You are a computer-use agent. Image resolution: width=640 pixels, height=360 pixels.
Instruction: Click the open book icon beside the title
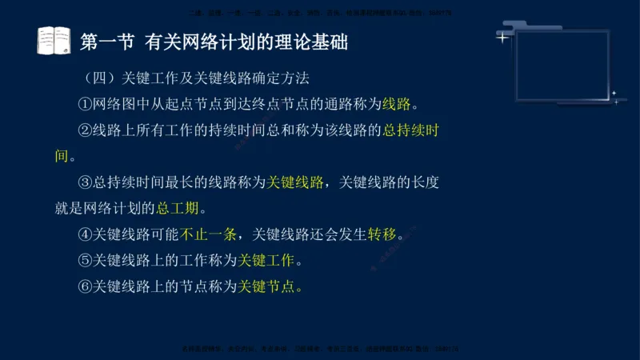click(x=54, y=41)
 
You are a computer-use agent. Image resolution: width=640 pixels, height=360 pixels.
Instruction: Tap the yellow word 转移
click(x=382, y=234)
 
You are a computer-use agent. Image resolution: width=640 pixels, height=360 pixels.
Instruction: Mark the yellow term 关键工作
click(x=266, y=260)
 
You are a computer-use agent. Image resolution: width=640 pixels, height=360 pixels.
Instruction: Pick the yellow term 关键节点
click(x=266, y=286)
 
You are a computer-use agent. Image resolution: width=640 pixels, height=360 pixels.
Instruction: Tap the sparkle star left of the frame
click(x=502, y=37)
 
